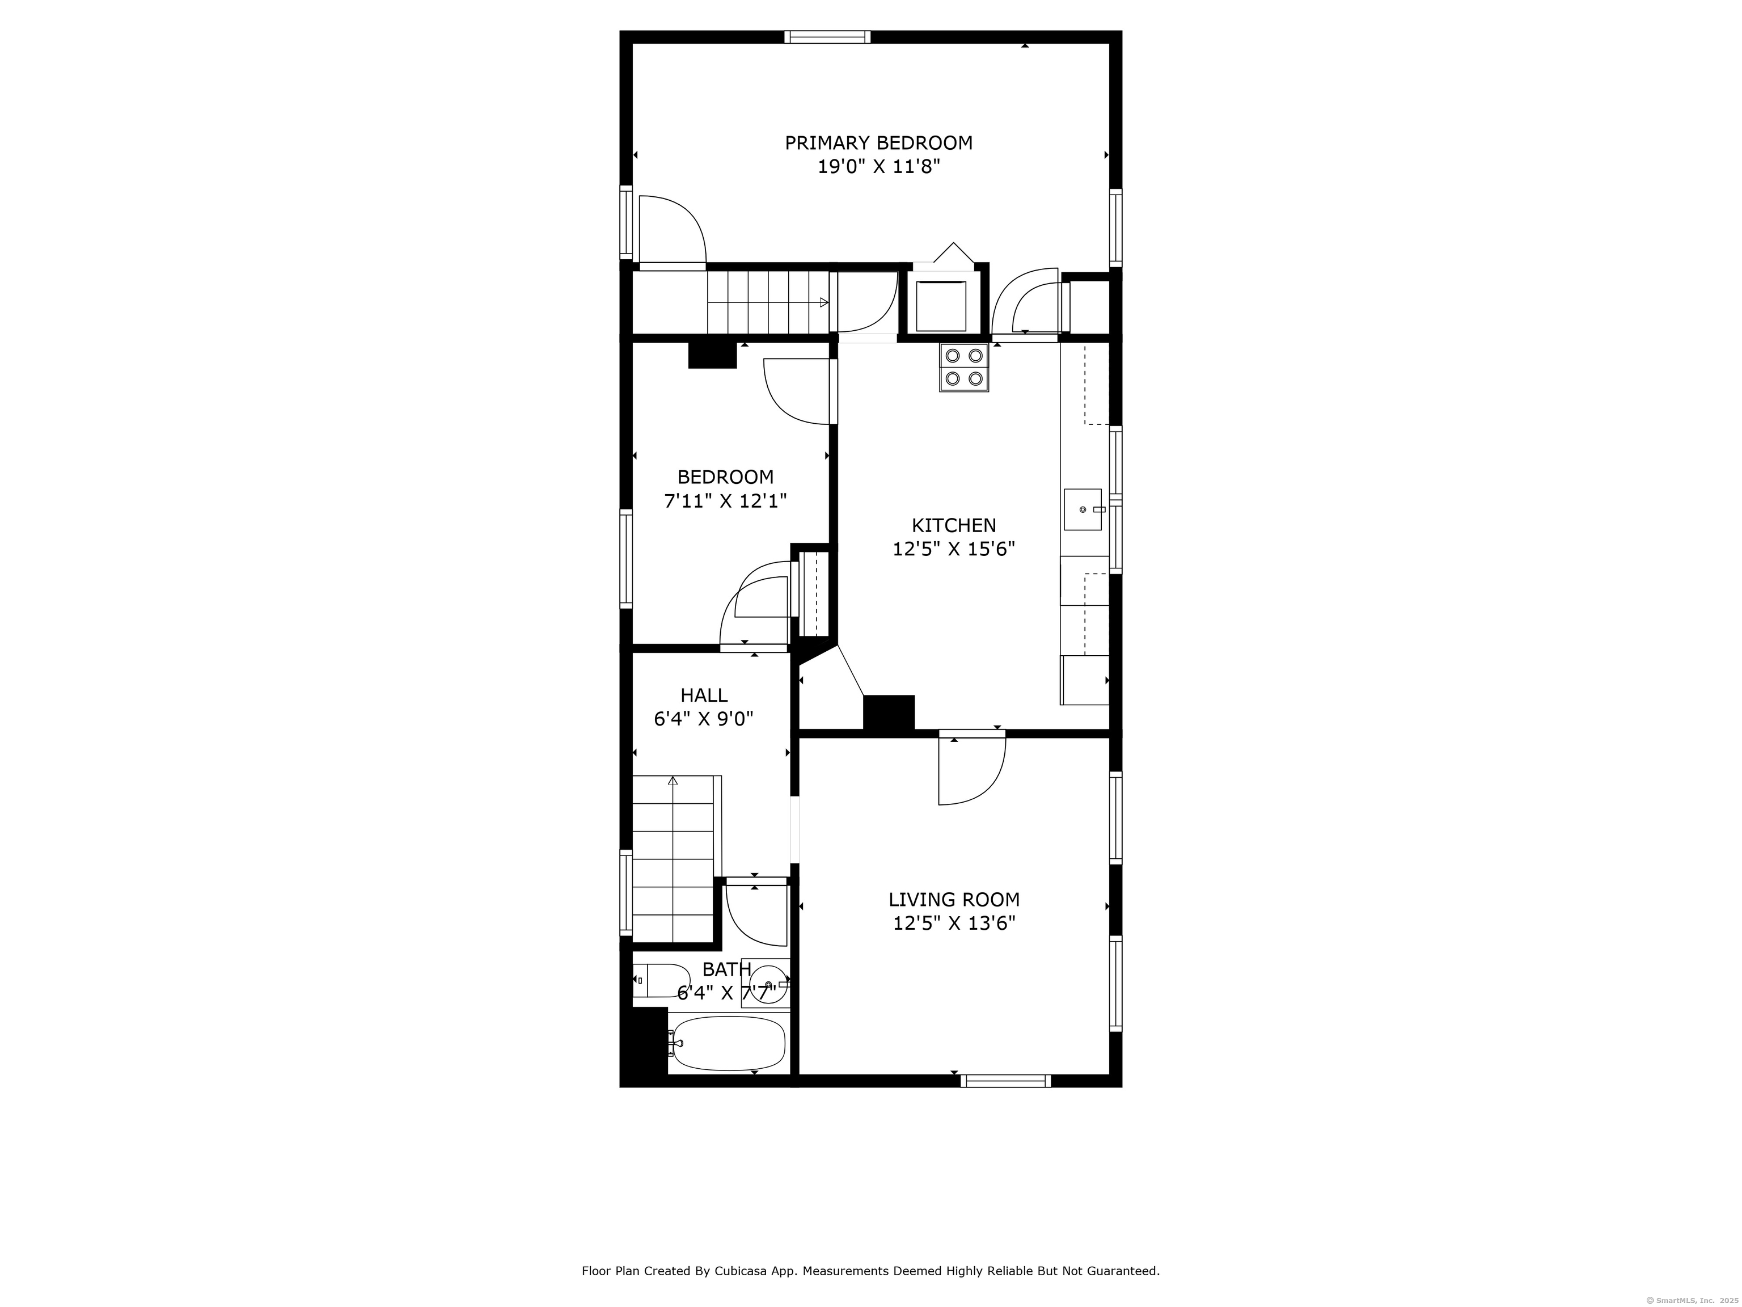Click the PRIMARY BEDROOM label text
(x=878, y=142)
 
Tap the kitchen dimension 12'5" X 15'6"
(x=954, y=549)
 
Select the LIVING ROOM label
(x=954, y=899)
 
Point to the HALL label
(x=704, y=695)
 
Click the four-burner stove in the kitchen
(x=963, y=367)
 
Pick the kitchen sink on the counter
(x=1084, y=509)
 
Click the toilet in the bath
(x=662, y=980)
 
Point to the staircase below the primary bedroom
(x=768, y=302)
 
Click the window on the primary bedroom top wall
(x=827, y=36)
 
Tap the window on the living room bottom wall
(x=1005, y=1081)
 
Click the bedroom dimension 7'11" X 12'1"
(x=725, y=500)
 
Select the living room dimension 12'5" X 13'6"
(x=954, y=922)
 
